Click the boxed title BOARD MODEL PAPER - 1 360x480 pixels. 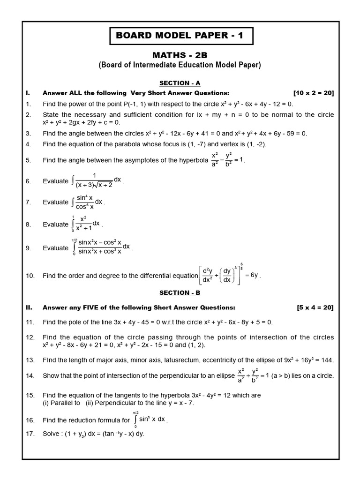pos(180,36)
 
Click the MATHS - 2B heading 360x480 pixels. pos(180,55)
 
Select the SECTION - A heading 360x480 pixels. pos(180,83)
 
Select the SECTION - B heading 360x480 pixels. pos(180,292)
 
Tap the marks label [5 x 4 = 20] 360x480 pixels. pos(315,307)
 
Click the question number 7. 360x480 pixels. pos(28,202)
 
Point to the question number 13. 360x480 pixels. pos(30,360)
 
